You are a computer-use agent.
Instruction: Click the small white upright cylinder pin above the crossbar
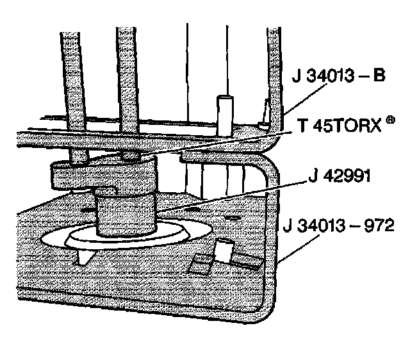click(224, 114)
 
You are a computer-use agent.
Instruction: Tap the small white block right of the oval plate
click(222, 250)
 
